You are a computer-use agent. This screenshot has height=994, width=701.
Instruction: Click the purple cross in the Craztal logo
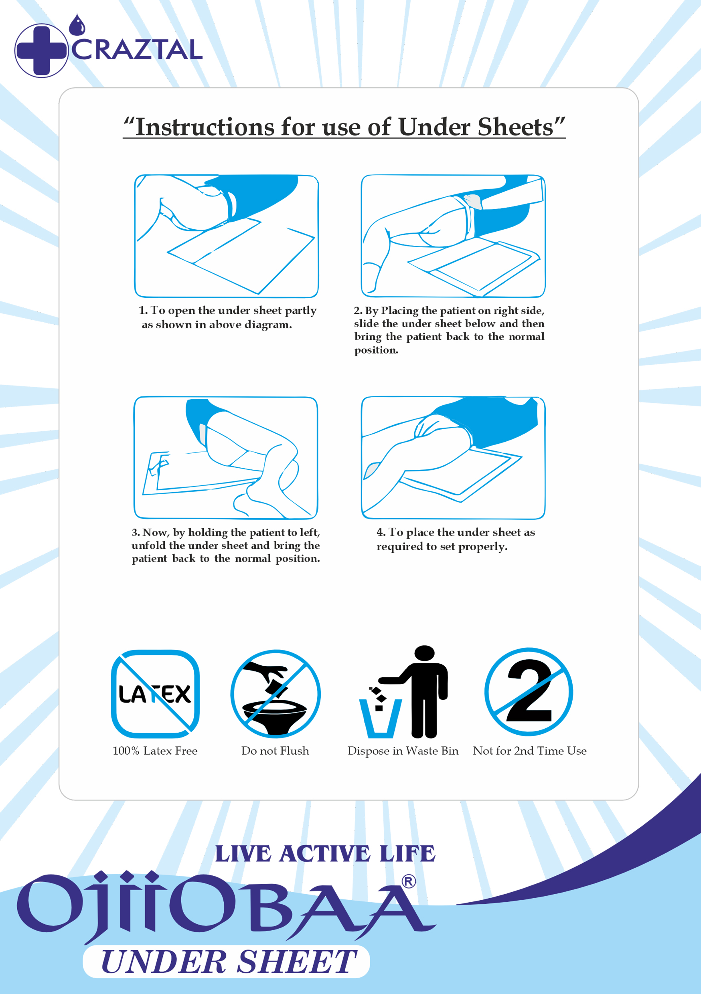41,50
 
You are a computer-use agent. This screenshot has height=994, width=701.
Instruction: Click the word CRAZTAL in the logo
136,49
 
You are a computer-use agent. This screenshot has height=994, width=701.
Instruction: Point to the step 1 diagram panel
226,236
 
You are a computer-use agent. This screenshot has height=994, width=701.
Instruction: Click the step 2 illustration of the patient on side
453,236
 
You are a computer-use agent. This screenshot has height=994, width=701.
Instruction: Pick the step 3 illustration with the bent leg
226,458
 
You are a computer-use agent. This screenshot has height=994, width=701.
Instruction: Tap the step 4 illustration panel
453,458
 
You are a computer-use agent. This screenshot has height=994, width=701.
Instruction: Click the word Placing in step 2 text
400,311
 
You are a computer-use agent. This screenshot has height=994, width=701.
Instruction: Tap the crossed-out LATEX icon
155,694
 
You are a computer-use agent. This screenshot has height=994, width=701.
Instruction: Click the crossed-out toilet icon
276,693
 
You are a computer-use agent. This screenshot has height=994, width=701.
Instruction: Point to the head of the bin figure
424,653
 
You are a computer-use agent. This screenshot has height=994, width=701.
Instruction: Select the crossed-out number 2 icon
529,692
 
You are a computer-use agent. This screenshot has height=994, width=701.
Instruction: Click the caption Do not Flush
275,751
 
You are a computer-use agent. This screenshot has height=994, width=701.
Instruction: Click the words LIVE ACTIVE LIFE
325,854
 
